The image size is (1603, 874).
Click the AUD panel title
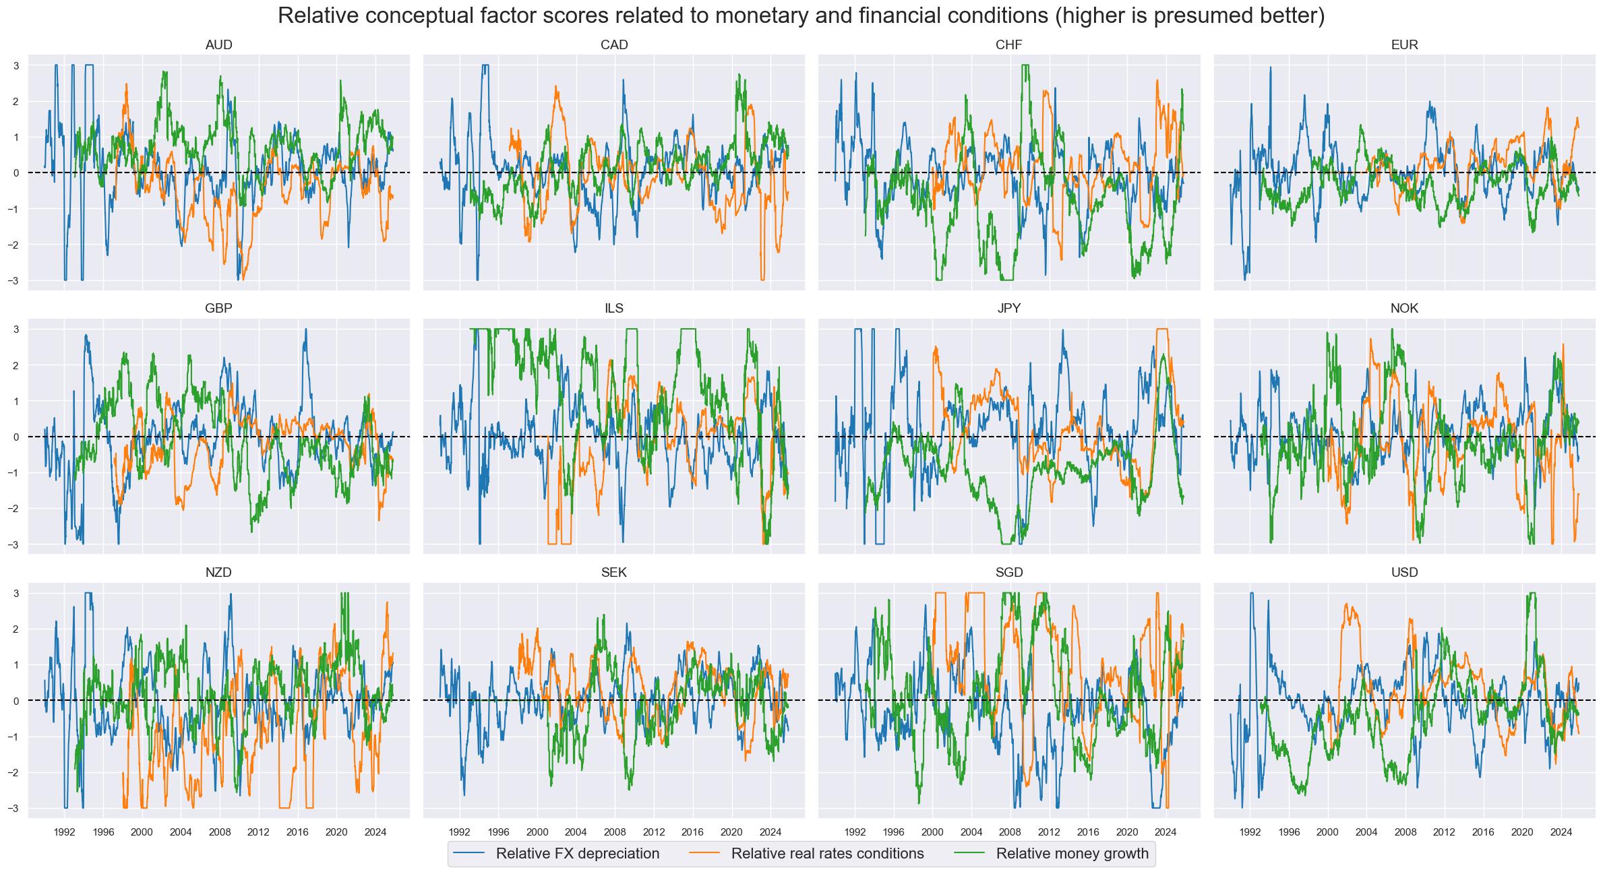click(218, 45)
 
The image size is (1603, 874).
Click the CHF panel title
click(1008, 45)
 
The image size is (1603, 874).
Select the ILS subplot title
click(613, 309)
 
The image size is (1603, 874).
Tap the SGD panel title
click(1008, 573)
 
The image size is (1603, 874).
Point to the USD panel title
click(1404, 573)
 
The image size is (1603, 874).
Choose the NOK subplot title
click(1404, 309)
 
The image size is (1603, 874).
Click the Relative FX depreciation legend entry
click(577, 854)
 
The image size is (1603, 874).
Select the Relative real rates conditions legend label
click(827, 854)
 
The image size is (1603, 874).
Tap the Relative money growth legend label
click(1072, 854)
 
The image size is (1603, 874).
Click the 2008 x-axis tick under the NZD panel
click(219, 832)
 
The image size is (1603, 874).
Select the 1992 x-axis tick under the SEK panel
click(459, 832)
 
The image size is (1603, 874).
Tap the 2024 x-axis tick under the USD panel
click(1561, 832)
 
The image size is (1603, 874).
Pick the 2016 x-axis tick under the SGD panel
click(1087, 832)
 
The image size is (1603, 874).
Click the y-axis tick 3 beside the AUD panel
click(16, 66)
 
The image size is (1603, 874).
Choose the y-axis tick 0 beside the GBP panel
click(16, 437)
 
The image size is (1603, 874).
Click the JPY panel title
click(1008, 309)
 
